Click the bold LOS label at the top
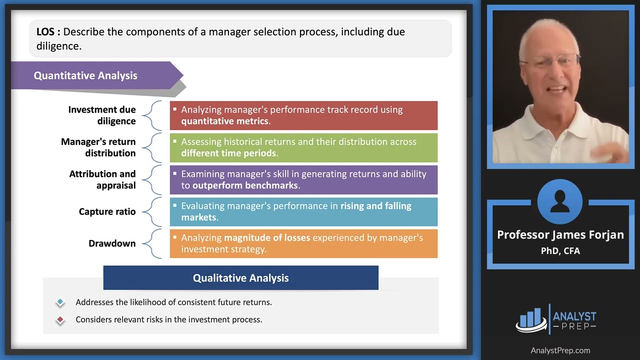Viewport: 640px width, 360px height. tap(48, 32)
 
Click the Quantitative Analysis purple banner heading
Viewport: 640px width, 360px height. tap(85, 76)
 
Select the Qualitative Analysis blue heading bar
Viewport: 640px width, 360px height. tap(240, 278)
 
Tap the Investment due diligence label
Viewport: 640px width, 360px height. tap(102, 115)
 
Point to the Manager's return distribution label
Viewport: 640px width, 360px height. tap(98, 147)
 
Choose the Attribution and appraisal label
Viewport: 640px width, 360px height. tap(102, 179)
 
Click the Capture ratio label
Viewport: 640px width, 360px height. tap(107, 211)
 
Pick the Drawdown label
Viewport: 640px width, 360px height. tap(112, 243)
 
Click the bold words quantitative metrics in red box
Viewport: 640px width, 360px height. tap(225, 121)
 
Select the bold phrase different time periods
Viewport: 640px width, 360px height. tap(228, 153)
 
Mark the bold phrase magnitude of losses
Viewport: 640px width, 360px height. tap(267, 237)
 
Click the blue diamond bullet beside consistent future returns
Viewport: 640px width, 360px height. tap(60, 302)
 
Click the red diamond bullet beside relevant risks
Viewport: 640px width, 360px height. tap(60, 320)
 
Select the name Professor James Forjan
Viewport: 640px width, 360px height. tap(560, 235)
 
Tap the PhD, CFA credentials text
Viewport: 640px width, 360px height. tap(560, 251)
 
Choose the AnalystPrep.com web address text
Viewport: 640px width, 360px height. tap(560, 350)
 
